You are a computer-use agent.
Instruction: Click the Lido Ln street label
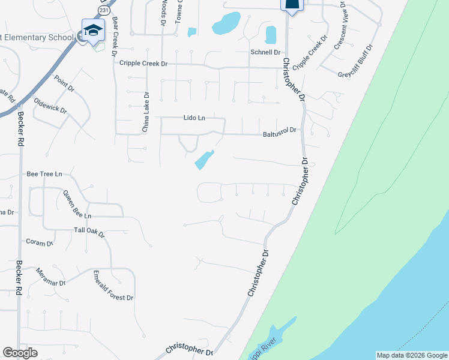tap(194, 118)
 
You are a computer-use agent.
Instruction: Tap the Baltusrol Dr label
tap(280, 132)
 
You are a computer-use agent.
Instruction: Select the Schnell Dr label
tap(265, 53)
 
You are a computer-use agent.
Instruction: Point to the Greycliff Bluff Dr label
tap(356, 61)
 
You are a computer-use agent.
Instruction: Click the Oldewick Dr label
tap(50, 106)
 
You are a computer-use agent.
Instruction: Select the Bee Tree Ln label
tap(44, 174)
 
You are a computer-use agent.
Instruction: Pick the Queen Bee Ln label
tap(77, 204)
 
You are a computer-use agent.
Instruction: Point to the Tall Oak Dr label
tap(89, 231)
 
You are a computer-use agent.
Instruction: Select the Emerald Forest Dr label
tap(113, 286)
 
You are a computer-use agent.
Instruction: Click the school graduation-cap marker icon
tap(93, 30)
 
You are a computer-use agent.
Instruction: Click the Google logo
tap(20, 353)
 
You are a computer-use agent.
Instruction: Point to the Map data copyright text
tap(412, 355)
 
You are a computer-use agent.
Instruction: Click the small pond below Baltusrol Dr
tap(203, 160)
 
